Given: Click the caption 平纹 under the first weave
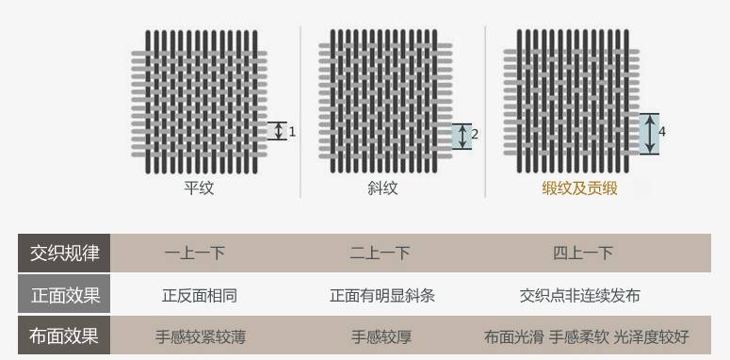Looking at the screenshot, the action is click(199, 188).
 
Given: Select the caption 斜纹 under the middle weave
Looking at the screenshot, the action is click(382, 188).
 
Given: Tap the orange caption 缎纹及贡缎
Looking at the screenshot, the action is click(579, 188).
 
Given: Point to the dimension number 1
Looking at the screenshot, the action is click(292, 132).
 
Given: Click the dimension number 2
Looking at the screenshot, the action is click(475, 135).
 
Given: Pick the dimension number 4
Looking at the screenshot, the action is click(662, 132).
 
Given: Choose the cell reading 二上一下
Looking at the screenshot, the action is click(380, 253).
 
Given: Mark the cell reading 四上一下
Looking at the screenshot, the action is click(583, 253).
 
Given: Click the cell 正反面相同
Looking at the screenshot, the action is click(199, 295).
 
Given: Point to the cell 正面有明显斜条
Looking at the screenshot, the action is click(382, 295).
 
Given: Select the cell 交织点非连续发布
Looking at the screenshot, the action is click(579, 295).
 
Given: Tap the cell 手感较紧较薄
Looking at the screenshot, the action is click(200, 336).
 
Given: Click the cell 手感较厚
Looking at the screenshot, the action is click(381, 336).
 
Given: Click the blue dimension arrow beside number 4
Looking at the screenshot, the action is click(648, 134).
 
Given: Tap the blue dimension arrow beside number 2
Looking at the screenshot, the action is click(461, 136).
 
